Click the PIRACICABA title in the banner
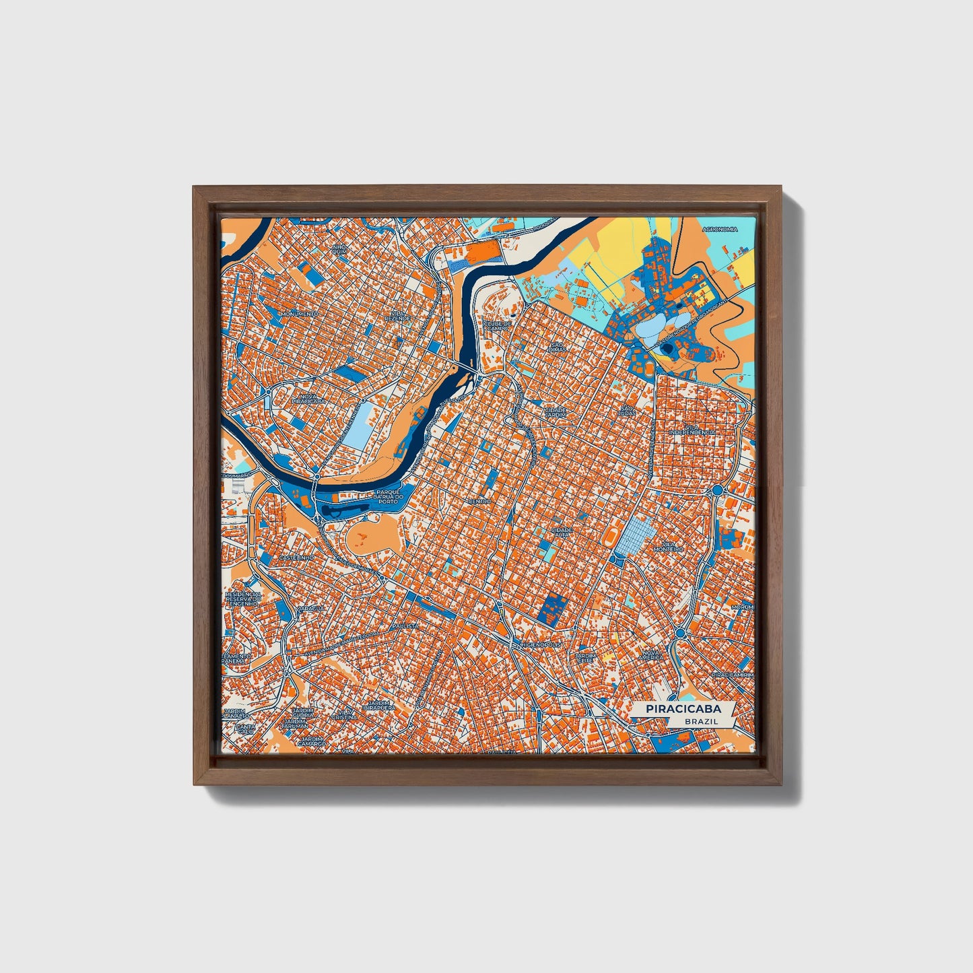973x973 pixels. click(x=683, y=709)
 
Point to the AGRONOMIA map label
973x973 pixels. click(x=719, y=230)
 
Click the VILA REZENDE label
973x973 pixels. click(x=397, y=315)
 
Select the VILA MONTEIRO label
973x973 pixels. click(x=672, y=547)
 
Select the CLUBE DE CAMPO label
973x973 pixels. click(x=498, y=326)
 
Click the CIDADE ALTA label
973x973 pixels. click(x=562, y=532)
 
